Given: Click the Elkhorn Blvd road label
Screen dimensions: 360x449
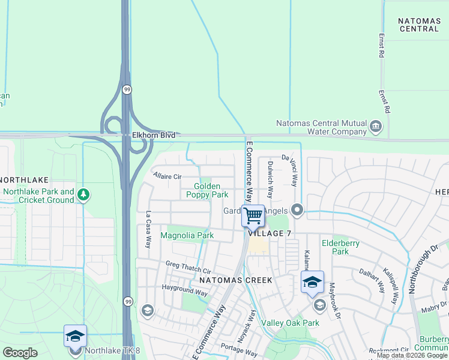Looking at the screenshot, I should (x=154, y=136).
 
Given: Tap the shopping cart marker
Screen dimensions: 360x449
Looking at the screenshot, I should (x=253, y=215).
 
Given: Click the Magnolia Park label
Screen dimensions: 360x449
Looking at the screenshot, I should (x=187, y=235).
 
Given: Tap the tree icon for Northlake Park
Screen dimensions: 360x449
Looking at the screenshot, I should (x=83, y=194).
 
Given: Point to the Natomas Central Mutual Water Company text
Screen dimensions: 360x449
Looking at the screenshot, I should (x=321, y=127).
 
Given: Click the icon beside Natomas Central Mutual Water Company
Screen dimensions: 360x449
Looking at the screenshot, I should (x=376, y=126).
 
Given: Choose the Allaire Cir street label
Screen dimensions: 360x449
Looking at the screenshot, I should (x=167, y=177).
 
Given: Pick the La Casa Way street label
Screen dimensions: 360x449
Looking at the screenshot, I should (x=148, y=229).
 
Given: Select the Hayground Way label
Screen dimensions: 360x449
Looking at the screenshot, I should (x=184, y=290).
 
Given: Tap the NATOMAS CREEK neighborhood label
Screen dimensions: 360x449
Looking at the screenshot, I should (x=236, y=280).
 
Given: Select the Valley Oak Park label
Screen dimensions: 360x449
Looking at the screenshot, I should (x=290, y=323).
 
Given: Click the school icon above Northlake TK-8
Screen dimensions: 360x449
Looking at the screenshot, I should (x=75, y=336).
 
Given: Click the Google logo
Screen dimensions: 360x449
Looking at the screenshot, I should (x=20, y=352).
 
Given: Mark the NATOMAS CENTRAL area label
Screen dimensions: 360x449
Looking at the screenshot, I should (x=419, y=25).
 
